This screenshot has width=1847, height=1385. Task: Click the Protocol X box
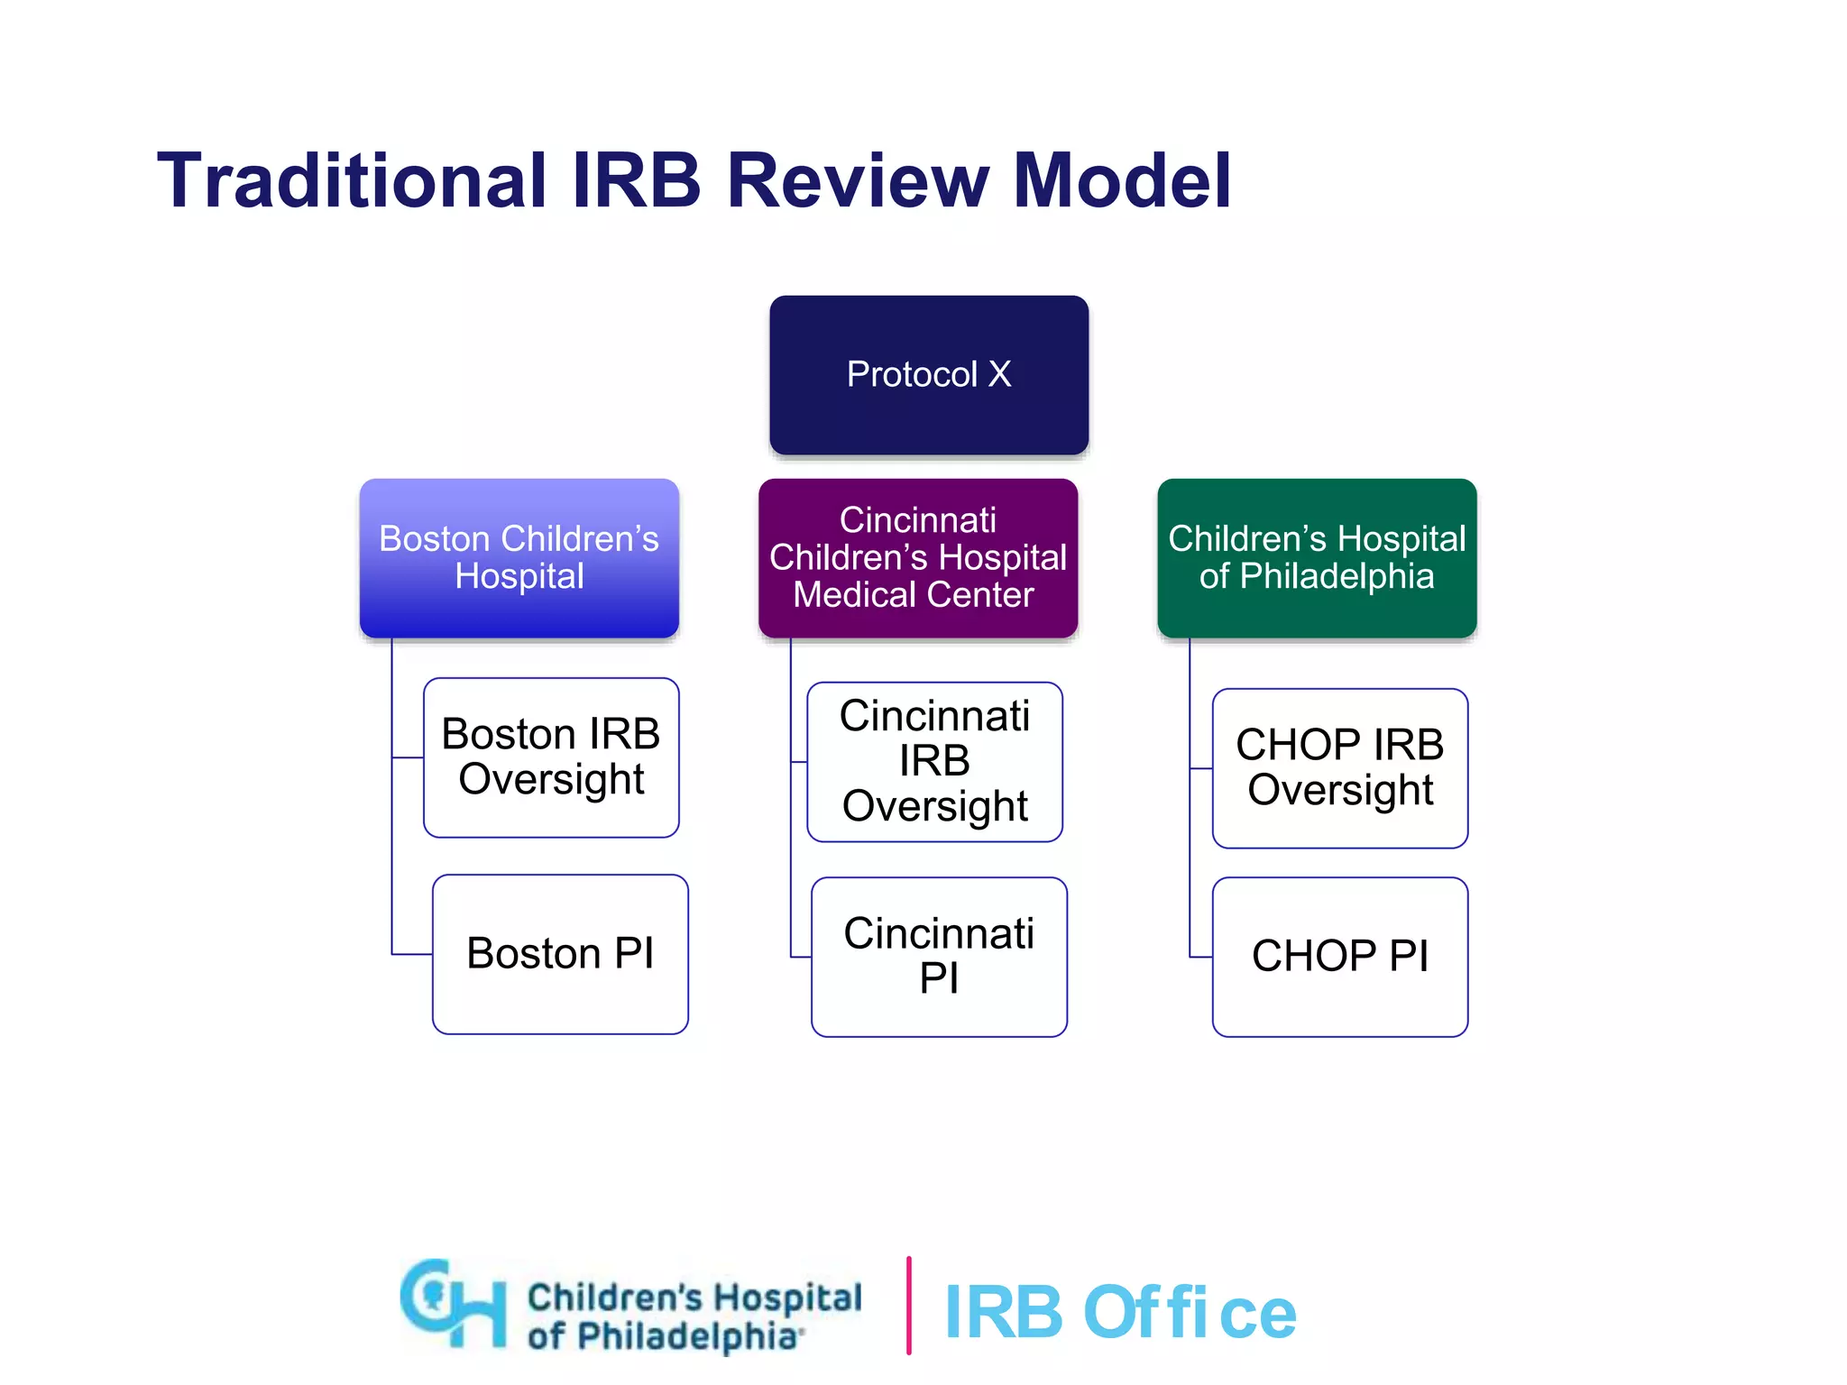[929, 374]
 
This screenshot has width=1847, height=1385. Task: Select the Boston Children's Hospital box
[519, 557]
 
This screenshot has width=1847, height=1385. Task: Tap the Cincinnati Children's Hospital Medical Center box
[917, 557]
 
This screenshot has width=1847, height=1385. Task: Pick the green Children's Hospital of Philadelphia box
[1317, 557]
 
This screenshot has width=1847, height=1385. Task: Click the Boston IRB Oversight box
[551, 757]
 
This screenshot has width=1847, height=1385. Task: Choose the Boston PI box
[560, 954]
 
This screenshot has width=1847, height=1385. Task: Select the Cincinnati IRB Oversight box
[934, 762]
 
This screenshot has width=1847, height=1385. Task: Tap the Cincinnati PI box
[939, 957]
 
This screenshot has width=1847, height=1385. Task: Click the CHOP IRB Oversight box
[1340, 768]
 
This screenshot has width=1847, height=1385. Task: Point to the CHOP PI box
[1340, 957]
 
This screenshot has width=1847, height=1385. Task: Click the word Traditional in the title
[352, 181]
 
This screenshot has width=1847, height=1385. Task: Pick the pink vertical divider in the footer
[908, 1305]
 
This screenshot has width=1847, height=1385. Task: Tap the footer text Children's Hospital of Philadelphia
[693, 1316]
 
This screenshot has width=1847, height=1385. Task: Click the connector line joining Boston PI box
[411, 954]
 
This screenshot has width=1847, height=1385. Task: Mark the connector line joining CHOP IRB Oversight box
[1200, 768]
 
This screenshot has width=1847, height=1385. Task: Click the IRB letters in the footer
[1003, 1313]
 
